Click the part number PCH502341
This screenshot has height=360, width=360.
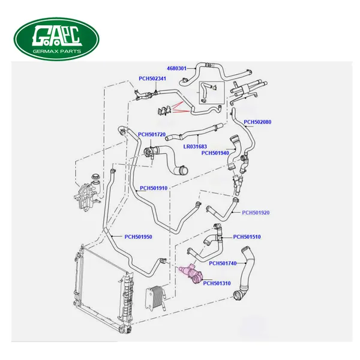(x=153, y=78)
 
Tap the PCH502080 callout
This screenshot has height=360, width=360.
(x=257, y=122)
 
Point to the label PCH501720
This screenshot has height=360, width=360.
(x=152, y=134)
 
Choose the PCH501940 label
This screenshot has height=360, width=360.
(x=215, y=153)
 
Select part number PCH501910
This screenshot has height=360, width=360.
(x=154, y=188)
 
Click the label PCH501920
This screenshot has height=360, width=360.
(x=256, y=212)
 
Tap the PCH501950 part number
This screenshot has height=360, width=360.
(x=138, y=236)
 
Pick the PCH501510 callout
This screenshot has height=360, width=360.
(x=247, y=236)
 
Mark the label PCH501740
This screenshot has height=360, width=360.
(x=223, y=263)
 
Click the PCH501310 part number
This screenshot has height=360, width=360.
(x=217, y=283)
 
